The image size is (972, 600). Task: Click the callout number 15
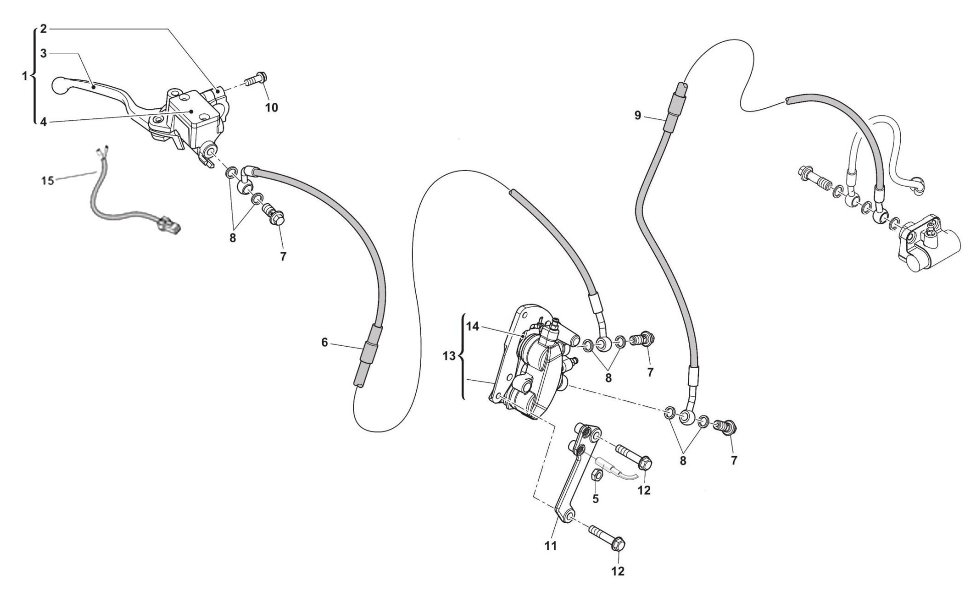click(48, 181)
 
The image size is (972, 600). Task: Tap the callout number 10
click(272, 107)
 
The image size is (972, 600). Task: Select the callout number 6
click(324, 342)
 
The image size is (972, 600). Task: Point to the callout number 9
click(638, 116)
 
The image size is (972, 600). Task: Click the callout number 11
click(551, 545)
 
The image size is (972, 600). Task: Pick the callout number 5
click(595, 499)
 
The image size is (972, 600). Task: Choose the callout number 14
click(472, 327)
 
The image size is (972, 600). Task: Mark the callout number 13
click(449, 356)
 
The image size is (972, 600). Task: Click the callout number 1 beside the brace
click(25, 76)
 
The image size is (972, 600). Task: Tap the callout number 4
click(44, 121)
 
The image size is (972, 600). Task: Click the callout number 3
click(44, 53)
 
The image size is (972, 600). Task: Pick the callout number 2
click(44, 29)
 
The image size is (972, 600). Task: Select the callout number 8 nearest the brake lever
click(232, 238)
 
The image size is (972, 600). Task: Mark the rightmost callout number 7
click(734, 460)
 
